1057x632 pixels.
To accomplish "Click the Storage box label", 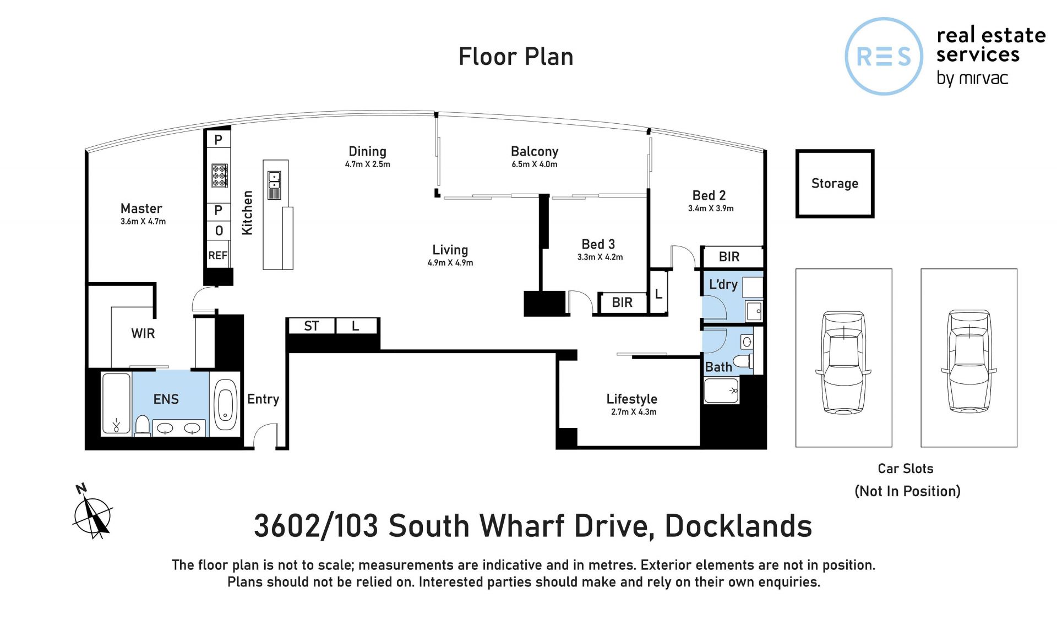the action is point(835,183).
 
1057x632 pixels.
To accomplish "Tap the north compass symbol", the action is point(92,513).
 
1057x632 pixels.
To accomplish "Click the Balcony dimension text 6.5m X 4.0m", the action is point(534,164).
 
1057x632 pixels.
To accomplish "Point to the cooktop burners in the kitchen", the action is point(219,175).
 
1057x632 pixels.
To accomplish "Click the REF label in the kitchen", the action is point(217,255).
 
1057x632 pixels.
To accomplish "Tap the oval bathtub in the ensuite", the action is point(225,405).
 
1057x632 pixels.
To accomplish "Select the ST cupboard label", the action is point(311,326).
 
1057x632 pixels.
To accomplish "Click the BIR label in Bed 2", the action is point(729,256).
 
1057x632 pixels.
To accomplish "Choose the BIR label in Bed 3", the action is point(622,302).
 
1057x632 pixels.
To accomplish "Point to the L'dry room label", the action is point(723,284).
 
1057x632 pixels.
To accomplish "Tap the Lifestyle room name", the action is point(631,399).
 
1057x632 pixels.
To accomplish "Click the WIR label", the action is point(143,333).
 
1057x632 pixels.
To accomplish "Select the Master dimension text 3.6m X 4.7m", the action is point(143,221).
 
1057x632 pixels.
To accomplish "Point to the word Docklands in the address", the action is point(738,526).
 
